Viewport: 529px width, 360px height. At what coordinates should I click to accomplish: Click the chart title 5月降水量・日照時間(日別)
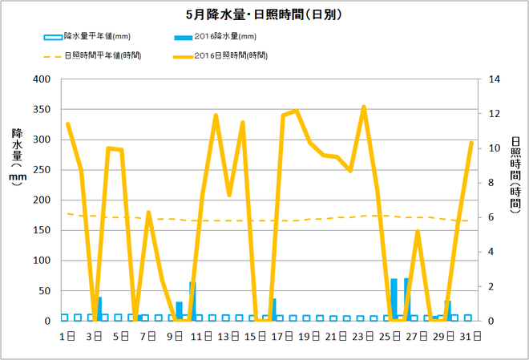[x=264, y=14]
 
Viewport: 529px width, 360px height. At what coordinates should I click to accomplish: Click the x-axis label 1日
[x=68, y=335]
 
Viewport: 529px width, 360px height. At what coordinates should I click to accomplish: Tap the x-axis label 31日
[x=471, y=335]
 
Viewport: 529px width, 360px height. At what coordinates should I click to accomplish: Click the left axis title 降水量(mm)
[x=18, y=157]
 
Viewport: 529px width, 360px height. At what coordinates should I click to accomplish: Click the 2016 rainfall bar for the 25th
[x=394, y=300]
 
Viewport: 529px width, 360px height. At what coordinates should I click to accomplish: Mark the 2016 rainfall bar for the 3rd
[x=99, y=309]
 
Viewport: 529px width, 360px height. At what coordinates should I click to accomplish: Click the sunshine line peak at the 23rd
[x=364, y=107]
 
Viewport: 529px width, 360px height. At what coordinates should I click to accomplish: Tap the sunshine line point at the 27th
[x=418, y=232]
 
